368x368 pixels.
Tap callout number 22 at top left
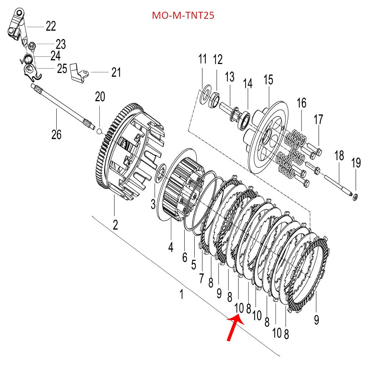point(51,26)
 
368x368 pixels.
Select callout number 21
point(116,72)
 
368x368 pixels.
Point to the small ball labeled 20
point(99,131)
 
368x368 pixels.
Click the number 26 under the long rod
point(56,135)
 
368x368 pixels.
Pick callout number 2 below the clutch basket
point(115,224)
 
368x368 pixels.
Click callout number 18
point(339,156)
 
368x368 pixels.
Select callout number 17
point(318,120)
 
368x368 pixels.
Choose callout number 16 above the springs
point(301,103)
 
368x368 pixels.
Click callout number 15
point(268,79)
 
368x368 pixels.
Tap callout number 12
point(218,59)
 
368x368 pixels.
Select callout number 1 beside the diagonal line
point(181,294)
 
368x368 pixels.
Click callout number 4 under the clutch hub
point(171,247)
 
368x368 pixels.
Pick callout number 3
point(153,204)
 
